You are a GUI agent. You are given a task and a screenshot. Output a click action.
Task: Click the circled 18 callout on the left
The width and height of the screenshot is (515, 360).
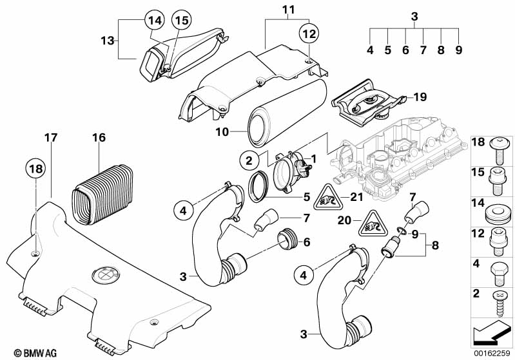36,169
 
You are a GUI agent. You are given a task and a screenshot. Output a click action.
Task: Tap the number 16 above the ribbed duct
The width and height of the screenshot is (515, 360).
98,138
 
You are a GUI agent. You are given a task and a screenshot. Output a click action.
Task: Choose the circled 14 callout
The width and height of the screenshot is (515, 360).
154,21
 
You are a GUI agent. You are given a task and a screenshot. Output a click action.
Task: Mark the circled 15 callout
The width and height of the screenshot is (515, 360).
182,21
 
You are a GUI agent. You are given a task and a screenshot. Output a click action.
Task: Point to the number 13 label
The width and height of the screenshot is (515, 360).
108,40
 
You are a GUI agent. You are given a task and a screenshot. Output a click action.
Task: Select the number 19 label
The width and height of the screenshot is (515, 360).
420,98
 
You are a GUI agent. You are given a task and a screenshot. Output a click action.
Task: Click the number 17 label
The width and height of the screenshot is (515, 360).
50,137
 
